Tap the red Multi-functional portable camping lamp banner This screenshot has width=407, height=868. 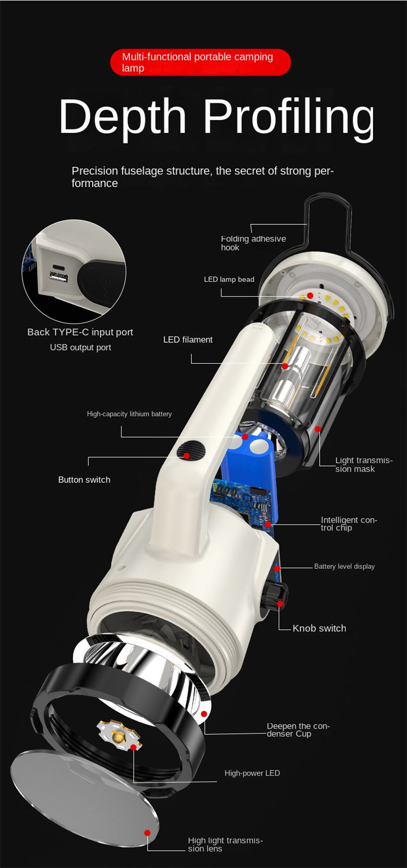[x=200, y=62]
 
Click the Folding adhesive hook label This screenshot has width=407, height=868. [x=253, y=243]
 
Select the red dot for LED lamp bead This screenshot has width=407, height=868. [x=310, y=296]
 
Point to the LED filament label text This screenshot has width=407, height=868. [x=188, y=339]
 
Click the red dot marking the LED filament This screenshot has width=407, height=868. [x=285, y=366]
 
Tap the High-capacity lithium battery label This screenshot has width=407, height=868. [x=129, y=414]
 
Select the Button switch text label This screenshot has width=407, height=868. [x=84, y=480]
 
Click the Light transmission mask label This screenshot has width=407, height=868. [x=364, y=465]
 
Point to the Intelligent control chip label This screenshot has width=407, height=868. [x=349, y=524]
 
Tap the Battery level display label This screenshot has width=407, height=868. [x=344, y=566]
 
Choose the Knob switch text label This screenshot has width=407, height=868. [x=319, y=628]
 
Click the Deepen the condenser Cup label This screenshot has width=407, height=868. [x=298, y=730]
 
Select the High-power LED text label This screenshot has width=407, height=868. [x=252, y=773]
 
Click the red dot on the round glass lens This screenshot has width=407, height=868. [x=148, y=833]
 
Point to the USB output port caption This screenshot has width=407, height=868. [x=80, y=347]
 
